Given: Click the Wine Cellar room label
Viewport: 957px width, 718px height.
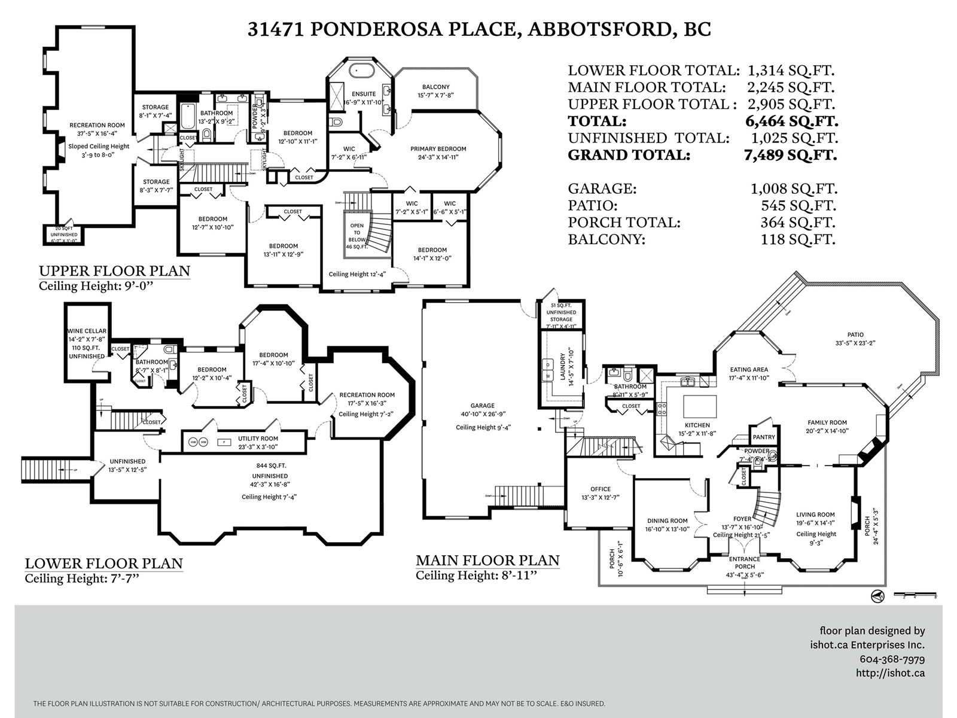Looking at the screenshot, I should click(87, 331).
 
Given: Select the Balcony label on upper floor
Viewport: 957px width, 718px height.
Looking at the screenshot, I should click(435, 87).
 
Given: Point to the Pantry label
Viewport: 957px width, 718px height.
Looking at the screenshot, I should click(764, 437).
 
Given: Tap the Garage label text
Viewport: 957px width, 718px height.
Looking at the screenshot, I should click(482, 406).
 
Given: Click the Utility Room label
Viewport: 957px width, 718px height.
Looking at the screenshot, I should click(258, 439).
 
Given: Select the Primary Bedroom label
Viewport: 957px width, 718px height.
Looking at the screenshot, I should click(438, 149).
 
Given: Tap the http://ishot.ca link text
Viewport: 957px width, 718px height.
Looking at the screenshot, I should click(890, 673).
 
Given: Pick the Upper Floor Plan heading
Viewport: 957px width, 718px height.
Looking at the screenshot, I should click(114, 270).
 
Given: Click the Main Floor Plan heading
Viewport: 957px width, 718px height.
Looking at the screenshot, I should click(487, 561).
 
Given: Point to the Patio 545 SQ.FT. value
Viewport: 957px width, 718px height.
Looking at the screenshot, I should click(798, 206).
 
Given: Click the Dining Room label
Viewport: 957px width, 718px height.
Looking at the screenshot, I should click(667, 521).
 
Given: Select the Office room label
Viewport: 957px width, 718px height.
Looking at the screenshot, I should click(601, 489).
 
